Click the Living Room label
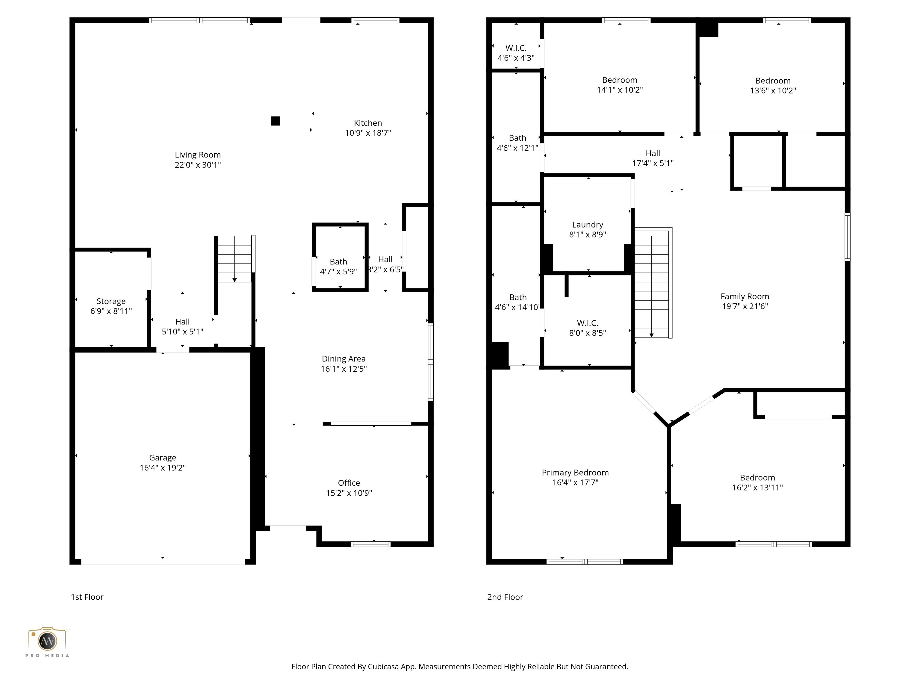pos(198,155)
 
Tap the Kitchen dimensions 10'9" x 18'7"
pos(368,133)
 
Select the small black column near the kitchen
pos(275,121)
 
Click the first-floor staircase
pos(234,259)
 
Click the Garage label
pos(163,458)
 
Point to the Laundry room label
pos(587,225)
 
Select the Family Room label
pos(745,296)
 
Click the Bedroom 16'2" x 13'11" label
pos(757,482)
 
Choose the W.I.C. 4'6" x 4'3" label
pos(516,53)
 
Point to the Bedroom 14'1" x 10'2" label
pos(620,85)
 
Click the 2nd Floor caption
pos(505,597)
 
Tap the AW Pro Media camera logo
pos(47,641)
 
